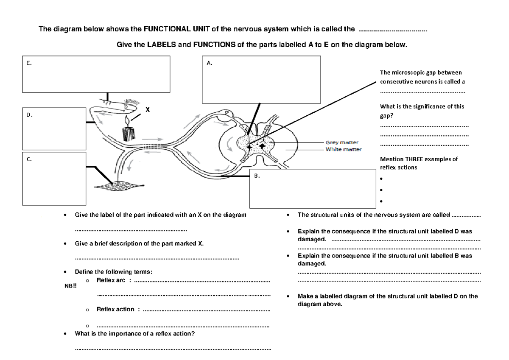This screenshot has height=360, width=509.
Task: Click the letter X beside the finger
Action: (148, 109)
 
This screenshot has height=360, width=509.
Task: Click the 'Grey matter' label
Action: (342, 143)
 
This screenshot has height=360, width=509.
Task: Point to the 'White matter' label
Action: (343, 149)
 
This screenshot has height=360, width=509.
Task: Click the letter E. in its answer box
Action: (29, 63)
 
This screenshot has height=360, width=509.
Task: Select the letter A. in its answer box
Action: (209, 63)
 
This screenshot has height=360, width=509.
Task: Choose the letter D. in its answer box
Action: (29, 114)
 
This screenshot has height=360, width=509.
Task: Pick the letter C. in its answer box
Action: (29, 160)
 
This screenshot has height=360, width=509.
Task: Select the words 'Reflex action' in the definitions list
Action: (115, 309)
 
